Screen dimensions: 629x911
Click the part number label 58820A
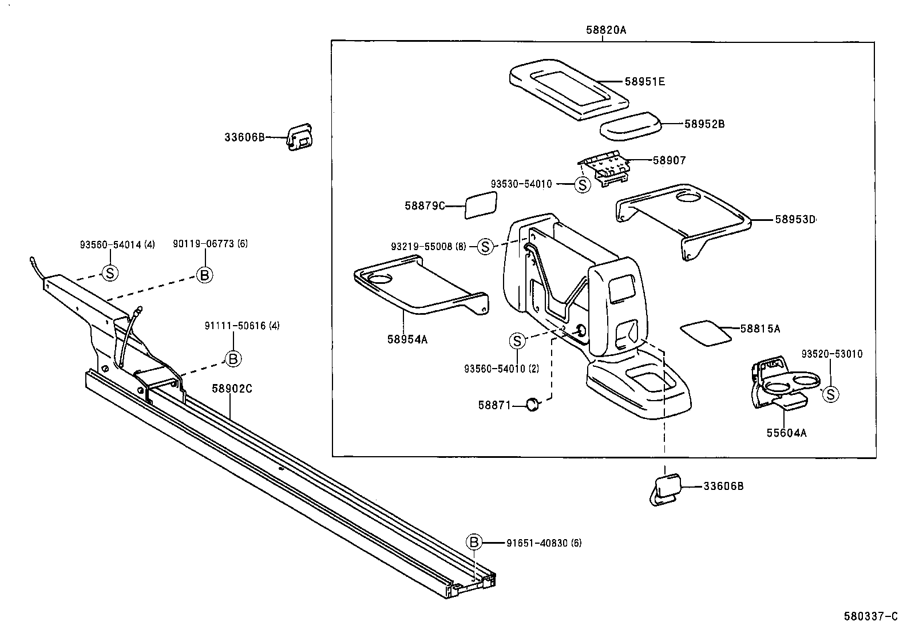[605, 30]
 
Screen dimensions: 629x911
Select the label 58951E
[644, 82]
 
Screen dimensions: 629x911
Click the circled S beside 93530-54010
[582, 185]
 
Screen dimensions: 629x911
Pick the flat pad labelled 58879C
[481, 205]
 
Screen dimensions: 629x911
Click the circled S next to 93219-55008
[485, 247]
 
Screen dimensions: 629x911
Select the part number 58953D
[795, 219]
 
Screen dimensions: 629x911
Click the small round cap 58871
[532, 405]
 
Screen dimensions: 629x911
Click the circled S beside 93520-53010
[830, 394]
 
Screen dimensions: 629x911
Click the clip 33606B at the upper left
[300, 138]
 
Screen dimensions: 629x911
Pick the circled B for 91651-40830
[474, 542]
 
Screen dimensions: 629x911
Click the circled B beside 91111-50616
[232, 359]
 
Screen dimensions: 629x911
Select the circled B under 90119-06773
[204, 275]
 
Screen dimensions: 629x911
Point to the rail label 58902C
[232, 389]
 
